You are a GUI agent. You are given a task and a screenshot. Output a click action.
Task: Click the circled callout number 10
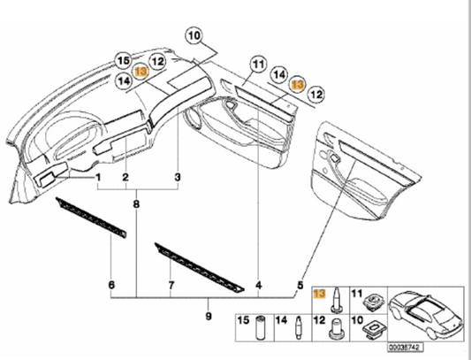click(194, 35)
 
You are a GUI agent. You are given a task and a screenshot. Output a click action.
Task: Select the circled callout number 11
click(259, 64)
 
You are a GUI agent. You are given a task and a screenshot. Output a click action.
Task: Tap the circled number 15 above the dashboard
click(124, 60)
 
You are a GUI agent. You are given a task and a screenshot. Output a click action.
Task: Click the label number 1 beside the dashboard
click(98, 177)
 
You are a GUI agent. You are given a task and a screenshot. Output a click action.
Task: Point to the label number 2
click(125, 177)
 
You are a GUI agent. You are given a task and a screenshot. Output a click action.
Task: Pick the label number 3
click(178, 177)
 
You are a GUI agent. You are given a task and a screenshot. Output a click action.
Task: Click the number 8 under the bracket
click(136, 204)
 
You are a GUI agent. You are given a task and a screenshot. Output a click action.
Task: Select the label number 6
click(111, 285)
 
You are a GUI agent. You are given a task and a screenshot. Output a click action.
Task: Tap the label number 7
click(171, 285)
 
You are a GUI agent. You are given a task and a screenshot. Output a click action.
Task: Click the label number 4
click(259, 285)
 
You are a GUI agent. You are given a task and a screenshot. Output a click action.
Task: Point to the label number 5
click(300, 285)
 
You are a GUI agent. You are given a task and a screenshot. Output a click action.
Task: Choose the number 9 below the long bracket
click(209, 316)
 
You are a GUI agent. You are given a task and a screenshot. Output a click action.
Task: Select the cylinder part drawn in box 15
click(261, 328)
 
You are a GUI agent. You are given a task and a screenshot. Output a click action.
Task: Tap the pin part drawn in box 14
click(299, 327)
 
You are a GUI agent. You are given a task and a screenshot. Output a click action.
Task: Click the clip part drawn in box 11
click(374, 302)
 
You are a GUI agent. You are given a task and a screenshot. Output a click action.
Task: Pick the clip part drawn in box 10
click(374, 330)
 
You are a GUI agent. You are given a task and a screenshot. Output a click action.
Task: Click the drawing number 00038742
click(406, 348)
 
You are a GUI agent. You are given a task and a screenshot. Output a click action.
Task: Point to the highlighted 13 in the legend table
click(319, 294)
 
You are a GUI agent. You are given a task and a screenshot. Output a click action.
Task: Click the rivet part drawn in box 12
click(336, 329)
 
